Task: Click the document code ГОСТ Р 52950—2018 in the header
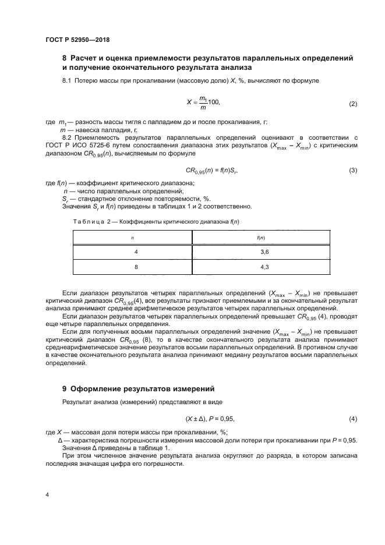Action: point(77,40)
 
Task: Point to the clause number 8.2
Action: point(67,137)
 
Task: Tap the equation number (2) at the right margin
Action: point(352,104)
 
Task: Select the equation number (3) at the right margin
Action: point(352,170)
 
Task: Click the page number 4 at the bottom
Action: point(47,495)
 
